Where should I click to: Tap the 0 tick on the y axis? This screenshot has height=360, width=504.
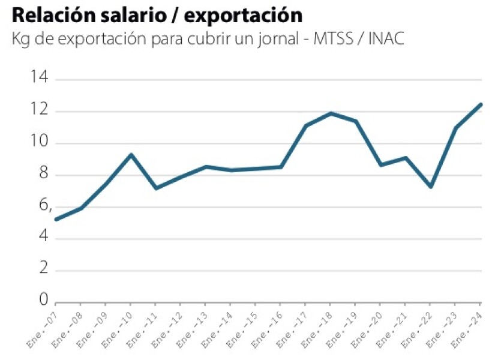[43, 299]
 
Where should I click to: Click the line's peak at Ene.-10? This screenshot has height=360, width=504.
[131, 155]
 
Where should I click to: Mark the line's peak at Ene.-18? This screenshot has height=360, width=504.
[331, 113]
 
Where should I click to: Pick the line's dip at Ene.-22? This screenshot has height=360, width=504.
[431, 187]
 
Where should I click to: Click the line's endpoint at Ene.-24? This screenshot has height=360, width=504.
[481, 104]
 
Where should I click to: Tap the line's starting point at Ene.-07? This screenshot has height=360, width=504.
[56, 220]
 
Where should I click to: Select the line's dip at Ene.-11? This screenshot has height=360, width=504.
[156, 188]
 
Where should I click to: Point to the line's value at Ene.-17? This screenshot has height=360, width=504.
[306, 125]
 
